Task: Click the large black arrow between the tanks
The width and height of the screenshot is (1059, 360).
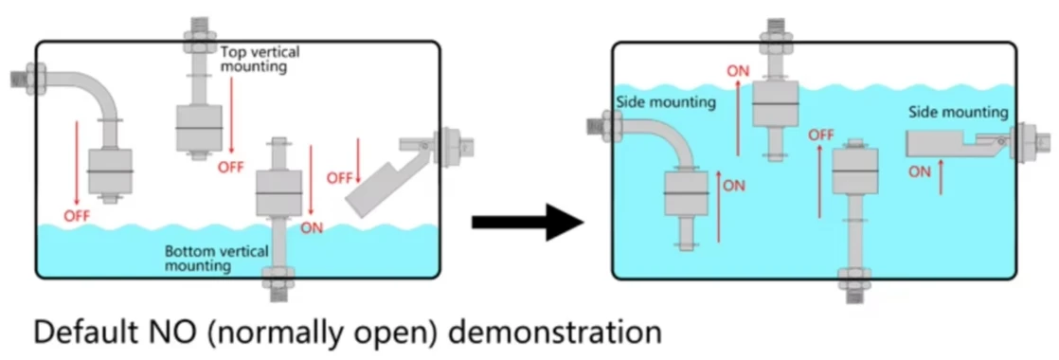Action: point(527,221)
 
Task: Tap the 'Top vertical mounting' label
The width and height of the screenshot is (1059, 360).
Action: point(260,59)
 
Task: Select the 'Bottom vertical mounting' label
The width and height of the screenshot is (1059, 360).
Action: point(217,259)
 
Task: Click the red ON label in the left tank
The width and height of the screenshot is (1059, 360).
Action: point(312,227)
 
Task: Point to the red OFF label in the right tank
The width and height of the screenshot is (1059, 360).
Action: point(821,135)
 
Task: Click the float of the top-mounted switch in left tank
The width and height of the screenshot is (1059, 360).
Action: point(199,128)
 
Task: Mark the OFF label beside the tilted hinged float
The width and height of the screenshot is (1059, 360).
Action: point(340,178)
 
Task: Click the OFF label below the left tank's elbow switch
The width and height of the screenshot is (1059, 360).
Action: point(77,216)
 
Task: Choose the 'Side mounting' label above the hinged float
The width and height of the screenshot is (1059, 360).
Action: point(958,112)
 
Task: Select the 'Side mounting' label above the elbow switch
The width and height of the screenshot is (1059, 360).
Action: point(665,102)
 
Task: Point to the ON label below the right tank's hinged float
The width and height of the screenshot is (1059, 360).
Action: point(919,172)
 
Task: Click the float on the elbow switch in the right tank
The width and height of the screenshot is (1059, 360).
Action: point(686,193)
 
